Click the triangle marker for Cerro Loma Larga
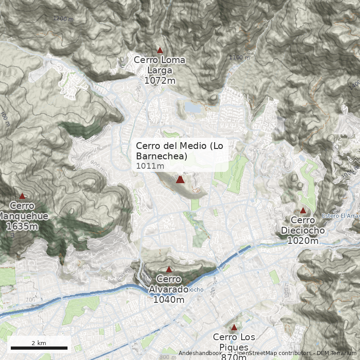click(x=160, y=50)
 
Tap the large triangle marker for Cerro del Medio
click(x=180, y=180)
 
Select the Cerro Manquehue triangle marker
click(x=22, y=196)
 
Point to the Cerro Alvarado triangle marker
click(x=169, y=270)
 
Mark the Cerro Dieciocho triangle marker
click(x=303, y=210)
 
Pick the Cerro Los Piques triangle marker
click(x=234, y=327)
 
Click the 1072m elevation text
click(x=160, y=80)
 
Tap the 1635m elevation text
click(x=22, y=226)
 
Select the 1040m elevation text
click(x=169, y=300)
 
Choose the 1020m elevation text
click(x=303, y=241)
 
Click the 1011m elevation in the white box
click(x=150, y=166)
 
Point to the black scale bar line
click(x=39, y=348)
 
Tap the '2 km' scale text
click(x=39, y=343)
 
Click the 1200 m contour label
click(x=63, y=19)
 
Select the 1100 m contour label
click(x=238, y=57)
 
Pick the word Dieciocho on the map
click(x=303, y=230)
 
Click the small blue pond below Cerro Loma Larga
click(x=193, y=108)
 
